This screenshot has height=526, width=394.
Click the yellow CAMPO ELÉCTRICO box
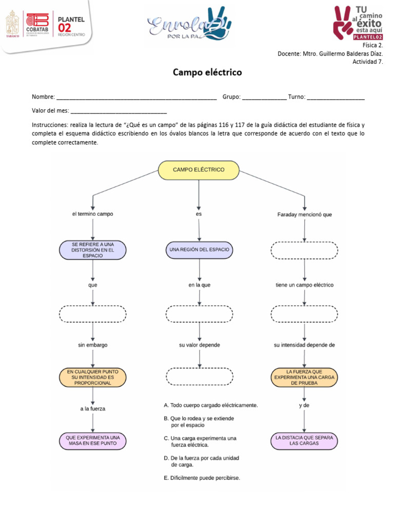[199, 170]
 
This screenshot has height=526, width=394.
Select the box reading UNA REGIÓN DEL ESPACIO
[199, 250]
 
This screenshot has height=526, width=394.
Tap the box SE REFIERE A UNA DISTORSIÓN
[92, 250]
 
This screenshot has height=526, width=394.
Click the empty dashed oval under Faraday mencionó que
[304, 250]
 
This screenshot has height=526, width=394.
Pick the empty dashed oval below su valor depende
[199, 376]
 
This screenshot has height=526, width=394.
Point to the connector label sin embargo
[93, 345]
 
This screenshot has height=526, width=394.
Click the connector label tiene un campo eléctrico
[304, 285]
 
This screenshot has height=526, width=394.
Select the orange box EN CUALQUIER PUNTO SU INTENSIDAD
[92, 377]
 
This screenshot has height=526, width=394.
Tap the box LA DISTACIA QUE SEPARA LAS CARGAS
[304, 440]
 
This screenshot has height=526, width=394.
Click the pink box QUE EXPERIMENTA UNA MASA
[92, 440]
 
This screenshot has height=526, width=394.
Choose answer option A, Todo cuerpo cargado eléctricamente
[210, 405]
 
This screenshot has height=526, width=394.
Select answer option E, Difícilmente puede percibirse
[202, 478]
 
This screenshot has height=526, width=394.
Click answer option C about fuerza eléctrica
[200, 441]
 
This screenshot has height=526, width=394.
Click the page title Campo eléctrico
[207, 73]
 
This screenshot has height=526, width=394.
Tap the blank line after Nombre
[136, 97]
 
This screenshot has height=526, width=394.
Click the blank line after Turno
[336, 97]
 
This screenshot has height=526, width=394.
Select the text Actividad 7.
[367, 62]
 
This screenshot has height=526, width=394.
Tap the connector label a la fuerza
[93, 409]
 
